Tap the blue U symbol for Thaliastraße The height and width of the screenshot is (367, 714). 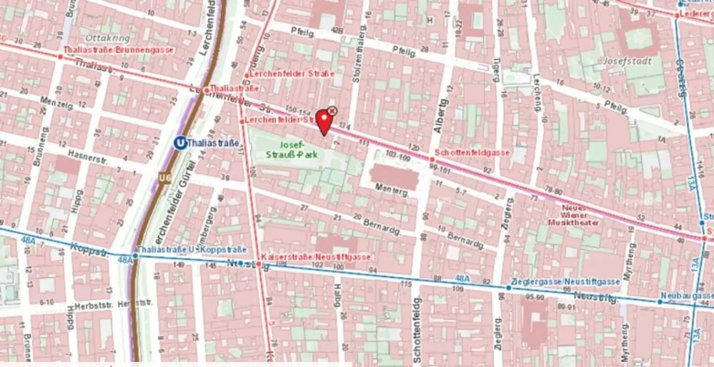pyautogui.click(x=179, y=143)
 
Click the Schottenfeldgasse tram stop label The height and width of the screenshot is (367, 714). pyautogui.click(x=472, y=153)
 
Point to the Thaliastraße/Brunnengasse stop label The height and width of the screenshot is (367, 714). pyautogui.click(x=118, y=50)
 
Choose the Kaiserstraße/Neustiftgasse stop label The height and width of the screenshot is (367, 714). pyautogui.click(x=316, y=257)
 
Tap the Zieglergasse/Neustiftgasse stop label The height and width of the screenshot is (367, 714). pyautogui.click(x=565, y=282)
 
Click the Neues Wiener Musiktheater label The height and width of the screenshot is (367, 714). pyautogui.click(x=574, y=215)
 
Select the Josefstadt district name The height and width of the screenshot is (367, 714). pyautogui.click(x=628, y=61)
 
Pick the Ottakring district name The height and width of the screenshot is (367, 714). pyautogui.click(x=101, y=38)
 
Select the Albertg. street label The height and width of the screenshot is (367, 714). pyautogui.click(x=442, y=116)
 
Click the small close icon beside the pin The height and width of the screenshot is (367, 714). pyautogui.click(x=332, y=111)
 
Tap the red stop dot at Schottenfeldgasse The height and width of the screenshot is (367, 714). pyautogui.click(x=432, y=159)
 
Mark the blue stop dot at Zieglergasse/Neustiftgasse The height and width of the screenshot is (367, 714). pyautogui.click(x=509, y=288)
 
